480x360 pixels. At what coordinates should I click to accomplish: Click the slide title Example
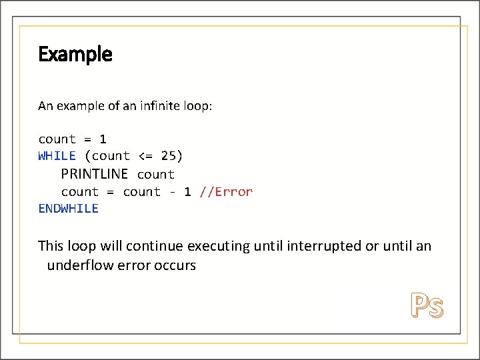pyautogui.click(x=75, y=54)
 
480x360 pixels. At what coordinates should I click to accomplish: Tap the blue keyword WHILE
pyautogui.click(x=57, y=156)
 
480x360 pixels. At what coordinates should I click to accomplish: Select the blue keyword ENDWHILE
pyautogui.click(x=68, y=209)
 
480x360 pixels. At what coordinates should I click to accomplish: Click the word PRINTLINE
pyautogui.click(x=94, y=174)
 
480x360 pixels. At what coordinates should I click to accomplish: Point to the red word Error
pyautogui.click(x=234, y=192)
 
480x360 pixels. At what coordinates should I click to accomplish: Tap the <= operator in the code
pyautogui.click(x=145, y=156)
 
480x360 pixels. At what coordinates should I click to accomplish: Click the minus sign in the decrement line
pyautogui.click(x=172, y=192)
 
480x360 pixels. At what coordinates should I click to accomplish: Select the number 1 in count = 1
pyautogui.click(x=103, y=139)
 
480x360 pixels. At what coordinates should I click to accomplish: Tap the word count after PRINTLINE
pyautogui.click(x=155, y=175)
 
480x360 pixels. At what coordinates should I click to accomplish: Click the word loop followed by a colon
pyautogui.click(x=196, y=106)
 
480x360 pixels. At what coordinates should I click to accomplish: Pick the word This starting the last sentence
pyautogui.click(x=51, y=246)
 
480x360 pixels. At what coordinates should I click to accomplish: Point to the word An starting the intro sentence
pyautogui.click(x=45, y=106)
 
